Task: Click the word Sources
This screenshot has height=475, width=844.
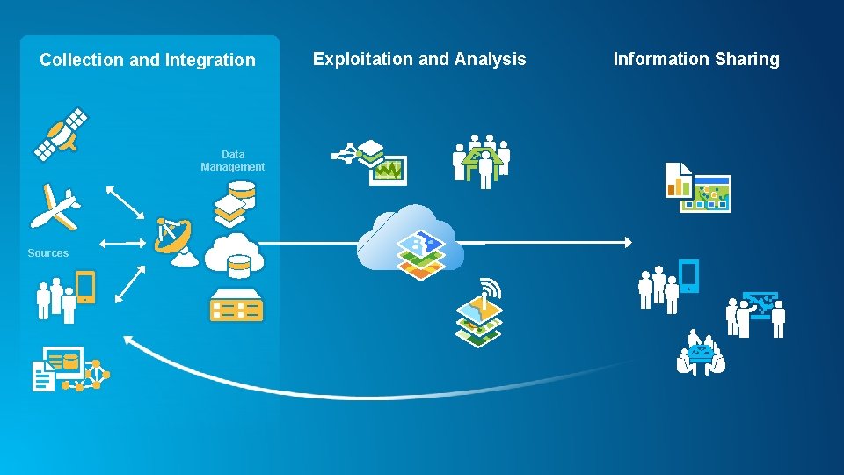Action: (47, 253)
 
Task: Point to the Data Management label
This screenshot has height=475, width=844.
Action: (232, 161)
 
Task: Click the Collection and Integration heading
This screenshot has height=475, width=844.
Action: (148, 61)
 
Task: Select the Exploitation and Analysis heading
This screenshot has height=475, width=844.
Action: (419, 60)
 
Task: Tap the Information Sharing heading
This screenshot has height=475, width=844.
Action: (696, 60)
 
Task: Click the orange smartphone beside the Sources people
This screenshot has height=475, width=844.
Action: (85, 287)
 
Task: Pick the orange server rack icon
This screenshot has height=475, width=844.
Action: (236, 305)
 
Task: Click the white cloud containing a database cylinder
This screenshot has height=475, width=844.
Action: (234, 253)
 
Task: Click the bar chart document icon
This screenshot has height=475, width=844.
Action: (678, 180)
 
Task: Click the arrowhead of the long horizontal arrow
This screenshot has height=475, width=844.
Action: (628, 242)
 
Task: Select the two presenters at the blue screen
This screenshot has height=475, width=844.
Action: (756, 314)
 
